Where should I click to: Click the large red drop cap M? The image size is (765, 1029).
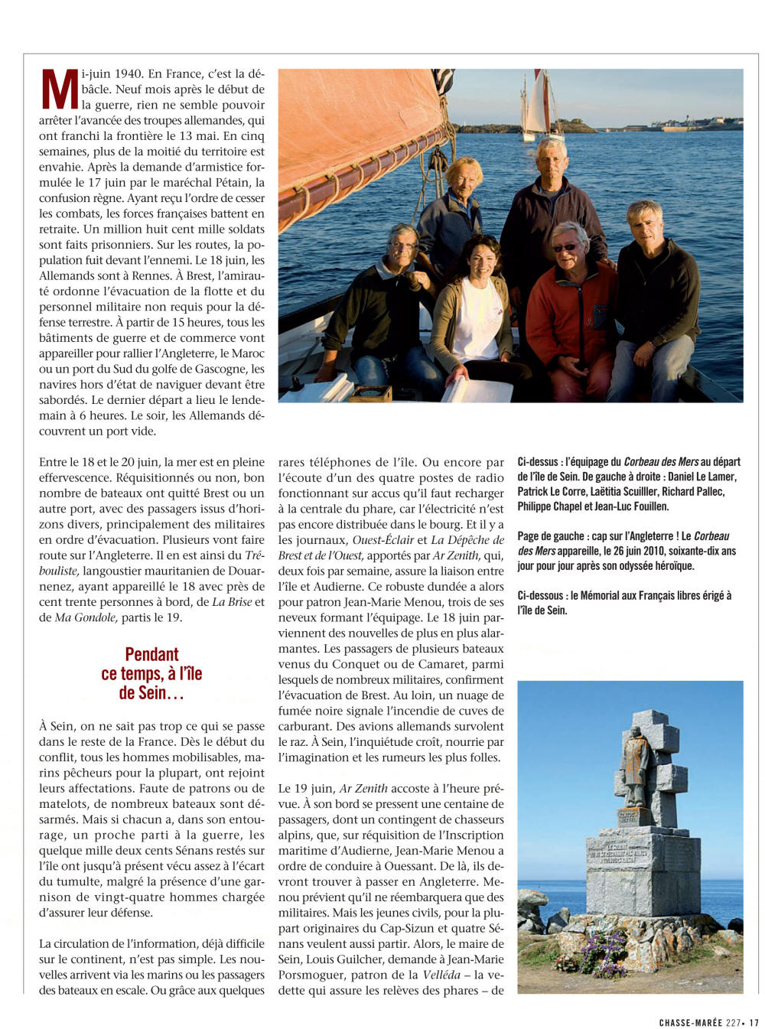tap(60, 90)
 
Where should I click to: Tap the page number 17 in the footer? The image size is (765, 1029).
tap(753, 1022)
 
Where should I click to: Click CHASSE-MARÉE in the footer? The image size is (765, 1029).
tap(690, 1022)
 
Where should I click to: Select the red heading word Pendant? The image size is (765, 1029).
tap(151, 654)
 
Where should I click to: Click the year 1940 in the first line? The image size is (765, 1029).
tap(128, 74)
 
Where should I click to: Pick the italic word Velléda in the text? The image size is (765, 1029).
tap(442, 975)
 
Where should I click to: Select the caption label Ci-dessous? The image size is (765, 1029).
tap(540, 595)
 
